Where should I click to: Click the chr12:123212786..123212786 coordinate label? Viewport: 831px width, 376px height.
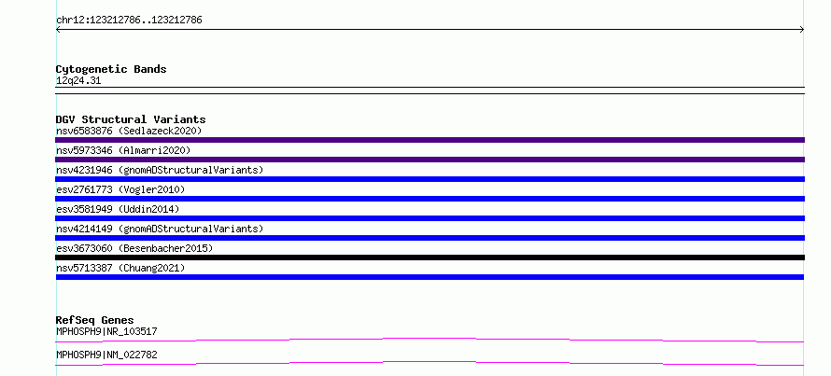point(129,21)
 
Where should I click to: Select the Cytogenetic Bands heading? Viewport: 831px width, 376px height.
point(111,69)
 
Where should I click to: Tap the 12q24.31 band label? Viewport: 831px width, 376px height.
point(78,81)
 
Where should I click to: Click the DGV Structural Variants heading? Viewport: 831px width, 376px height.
point(131,119)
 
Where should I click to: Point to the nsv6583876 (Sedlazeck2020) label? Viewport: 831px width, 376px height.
point(129,131)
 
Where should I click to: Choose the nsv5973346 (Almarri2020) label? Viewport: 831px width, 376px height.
point(123,150)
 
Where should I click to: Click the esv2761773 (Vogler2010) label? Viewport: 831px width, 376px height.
point(120,189)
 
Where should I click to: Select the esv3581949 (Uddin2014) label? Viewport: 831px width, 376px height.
point(118,209)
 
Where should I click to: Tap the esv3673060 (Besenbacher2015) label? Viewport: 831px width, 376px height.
point(134,248)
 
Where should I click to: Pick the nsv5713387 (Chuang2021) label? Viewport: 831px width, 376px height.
point(120,268)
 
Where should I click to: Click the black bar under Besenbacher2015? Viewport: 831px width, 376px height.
point(430,258)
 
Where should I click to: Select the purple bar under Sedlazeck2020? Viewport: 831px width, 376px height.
point(430,140)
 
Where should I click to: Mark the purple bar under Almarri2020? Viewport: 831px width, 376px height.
point(430,160)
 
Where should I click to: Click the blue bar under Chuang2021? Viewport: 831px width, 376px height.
point(430,277)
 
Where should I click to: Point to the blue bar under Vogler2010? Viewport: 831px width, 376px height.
point(430,199)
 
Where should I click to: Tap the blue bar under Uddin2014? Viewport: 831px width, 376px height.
point(430,218)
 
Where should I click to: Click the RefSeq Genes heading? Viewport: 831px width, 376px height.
point(95,320)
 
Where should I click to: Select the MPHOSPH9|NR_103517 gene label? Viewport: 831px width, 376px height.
point(106,332)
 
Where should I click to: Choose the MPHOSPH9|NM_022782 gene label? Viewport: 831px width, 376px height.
point(106,355)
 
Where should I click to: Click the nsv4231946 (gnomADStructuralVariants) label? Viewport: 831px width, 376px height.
point(160,170)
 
